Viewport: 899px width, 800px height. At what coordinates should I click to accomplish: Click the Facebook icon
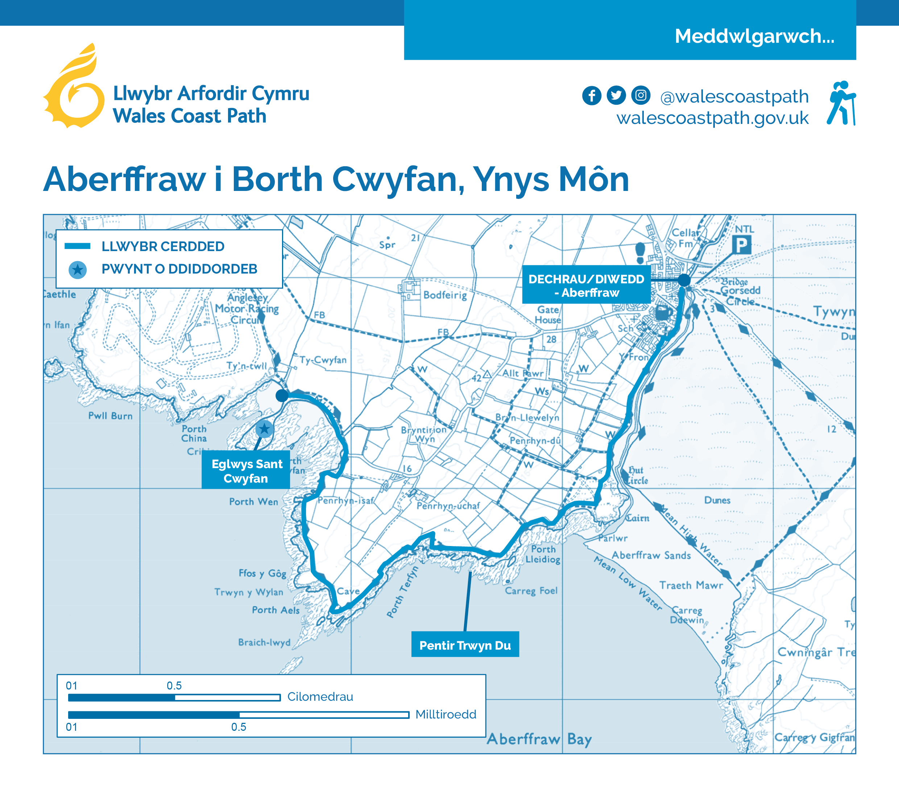[592, 95]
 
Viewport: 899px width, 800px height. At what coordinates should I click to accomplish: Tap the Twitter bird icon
[616, 95]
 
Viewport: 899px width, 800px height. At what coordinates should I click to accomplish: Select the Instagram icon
[641, 95]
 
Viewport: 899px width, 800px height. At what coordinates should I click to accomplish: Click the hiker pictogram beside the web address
[841, 103]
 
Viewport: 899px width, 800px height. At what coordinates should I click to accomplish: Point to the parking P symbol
[742, 245]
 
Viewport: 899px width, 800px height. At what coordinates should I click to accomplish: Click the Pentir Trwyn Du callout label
[465, 645]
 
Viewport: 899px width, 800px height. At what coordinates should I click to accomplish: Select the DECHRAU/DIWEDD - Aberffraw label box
[586, 285]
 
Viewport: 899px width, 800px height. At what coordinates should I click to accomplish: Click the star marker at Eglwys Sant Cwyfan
[264, 429]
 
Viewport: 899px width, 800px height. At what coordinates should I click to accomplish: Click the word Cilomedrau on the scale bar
[320, 697]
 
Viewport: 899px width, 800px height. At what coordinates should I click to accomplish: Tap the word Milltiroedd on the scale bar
[446, 714]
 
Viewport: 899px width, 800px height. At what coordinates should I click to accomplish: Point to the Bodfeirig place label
[445, 295]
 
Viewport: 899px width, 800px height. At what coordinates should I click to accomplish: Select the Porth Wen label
[253, 501]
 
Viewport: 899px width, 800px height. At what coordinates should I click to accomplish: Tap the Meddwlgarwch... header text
[754, 36]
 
